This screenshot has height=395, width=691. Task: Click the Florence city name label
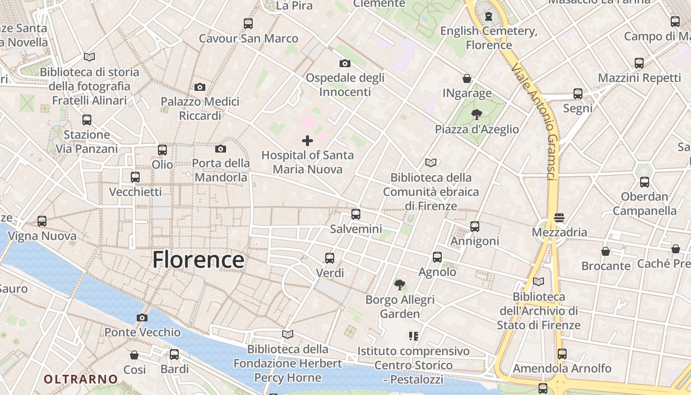(198, 260)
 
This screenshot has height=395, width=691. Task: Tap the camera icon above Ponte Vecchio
(142, 317)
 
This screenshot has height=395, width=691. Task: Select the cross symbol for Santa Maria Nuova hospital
(307, 141)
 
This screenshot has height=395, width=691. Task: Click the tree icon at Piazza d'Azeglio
(477, 115)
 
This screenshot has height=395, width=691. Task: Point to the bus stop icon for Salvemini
(356, 214)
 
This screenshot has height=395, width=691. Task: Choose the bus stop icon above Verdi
(330, 258)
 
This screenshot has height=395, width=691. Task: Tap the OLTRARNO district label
(81, 379)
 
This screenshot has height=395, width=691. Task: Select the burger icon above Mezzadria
(559, 218)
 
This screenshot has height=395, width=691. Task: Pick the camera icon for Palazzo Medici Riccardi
(200, 87)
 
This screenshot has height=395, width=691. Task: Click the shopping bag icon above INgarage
(467, 79)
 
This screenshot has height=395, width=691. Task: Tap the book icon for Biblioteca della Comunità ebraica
(431, 162)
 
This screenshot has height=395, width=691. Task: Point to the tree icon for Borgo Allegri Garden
(400, 284)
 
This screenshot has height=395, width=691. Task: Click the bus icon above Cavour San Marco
(248, 23)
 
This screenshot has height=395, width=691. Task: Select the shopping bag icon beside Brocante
(606, 251)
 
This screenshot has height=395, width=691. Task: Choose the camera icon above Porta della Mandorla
(221, 149)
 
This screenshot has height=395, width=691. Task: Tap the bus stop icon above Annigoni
(475, 226)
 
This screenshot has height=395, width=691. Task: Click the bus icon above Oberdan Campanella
(645, 182)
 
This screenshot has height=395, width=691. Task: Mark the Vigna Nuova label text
(42, 236)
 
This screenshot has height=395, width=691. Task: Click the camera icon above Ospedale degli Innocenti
(345, 63)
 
